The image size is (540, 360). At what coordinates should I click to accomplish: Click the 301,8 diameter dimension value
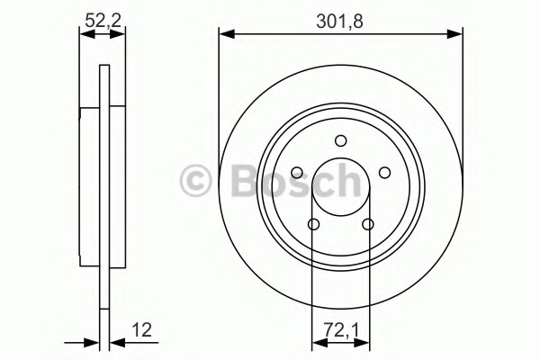coord(339,22)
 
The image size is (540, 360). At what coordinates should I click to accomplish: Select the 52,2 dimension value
coord(103,21)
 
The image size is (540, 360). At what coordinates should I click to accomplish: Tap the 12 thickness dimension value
coord(142,330)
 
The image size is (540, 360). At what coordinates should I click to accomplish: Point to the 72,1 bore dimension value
coord(341,330)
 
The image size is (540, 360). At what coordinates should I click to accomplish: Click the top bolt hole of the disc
coord(340,140)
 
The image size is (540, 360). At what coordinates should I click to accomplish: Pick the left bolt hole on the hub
coord(297,173)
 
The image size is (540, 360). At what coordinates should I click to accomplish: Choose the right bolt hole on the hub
coord(384,173)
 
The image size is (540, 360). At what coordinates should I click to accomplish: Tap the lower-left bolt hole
coord(313,224)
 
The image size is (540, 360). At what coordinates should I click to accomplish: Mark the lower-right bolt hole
coord(368,224)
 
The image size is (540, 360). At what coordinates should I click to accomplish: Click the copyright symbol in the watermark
coord(195,181)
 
